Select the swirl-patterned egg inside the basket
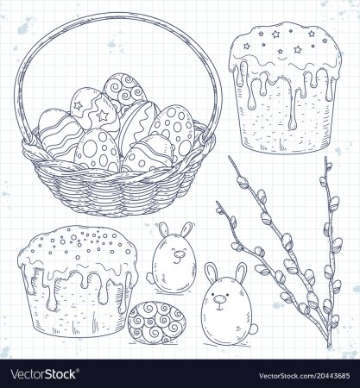(125, 90)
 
